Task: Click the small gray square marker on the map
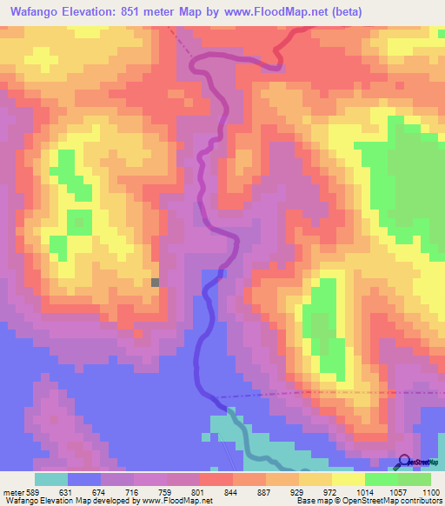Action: tap(156, 282)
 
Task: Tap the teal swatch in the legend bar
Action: tap(51, 479)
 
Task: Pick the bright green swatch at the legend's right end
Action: tap(415, 479)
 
